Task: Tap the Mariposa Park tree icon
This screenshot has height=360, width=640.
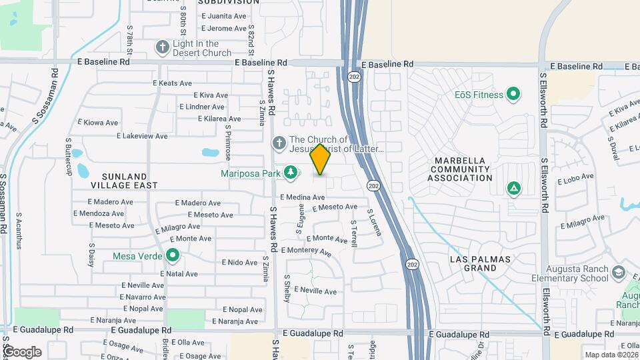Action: [x=291, y=173]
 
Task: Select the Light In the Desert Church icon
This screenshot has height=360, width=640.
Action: [x=162, y=47]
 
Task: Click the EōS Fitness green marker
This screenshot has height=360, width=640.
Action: [x=513, y=95]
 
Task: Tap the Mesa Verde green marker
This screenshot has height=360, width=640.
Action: [x=173, y=255]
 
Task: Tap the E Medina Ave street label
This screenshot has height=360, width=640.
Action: [x=302, y=197]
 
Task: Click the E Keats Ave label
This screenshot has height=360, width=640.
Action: [x=172, y=83]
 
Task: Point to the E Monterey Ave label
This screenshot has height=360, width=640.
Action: [x=306, y=251]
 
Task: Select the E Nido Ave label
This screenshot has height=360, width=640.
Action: [x=239, y=263]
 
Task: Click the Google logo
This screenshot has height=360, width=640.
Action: [x=22, y=351]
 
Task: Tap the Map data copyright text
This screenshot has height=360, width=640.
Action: [x=611, y=355]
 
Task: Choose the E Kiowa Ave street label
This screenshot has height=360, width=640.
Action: [x=98, y=123]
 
